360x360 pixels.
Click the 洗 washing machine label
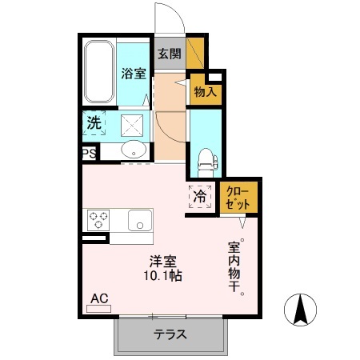94,124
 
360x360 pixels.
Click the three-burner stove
98,218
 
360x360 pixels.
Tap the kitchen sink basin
140,219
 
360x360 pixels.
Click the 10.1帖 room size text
162,277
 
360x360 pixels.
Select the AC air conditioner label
99,298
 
